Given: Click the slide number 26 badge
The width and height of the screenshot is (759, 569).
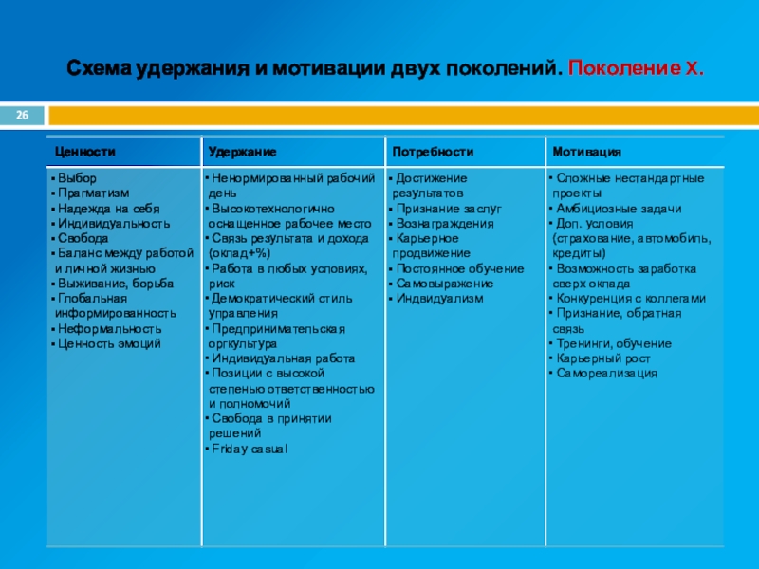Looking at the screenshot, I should point(22,116).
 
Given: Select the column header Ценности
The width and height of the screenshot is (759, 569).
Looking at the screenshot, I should point(85,152).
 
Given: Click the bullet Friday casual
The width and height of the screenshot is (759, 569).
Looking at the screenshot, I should point(248,448).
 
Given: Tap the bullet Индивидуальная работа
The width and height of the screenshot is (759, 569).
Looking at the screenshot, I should point(283,358).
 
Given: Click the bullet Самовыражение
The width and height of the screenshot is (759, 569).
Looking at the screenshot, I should point(444,284).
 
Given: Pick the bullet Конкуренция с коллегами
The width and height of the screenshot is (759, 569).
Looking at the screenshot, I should point(630,298).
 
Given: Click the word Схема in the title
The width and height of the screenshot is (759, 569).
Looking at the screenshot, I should point(99,69).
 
